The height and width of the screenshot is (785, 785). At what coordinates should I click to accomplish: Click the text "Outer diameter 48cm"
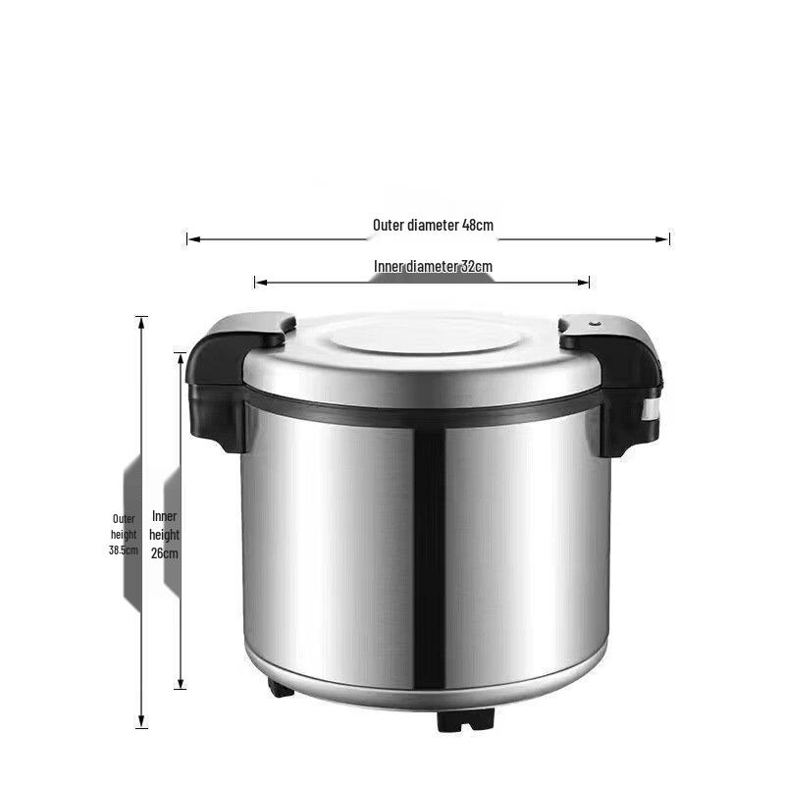point(433,226)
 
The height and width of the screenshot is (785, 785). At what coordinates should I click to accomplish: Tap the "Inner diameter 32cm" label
point(433,266)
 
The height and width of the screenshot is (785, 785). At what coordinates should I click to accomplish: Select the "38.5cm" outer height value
point(124,549)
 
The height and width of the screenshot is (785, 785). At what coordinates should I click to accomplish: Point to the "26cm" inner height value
point(165,553)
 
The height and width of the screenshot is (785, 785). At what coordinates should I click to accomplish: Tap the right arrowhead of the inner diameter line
point(583,283)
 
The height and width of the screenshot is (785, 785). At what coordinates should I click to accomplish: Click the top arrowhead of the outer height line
point(141,323)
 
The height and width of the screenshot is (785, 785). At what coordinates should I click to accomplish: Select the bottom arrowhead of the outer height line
point(141,721)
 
